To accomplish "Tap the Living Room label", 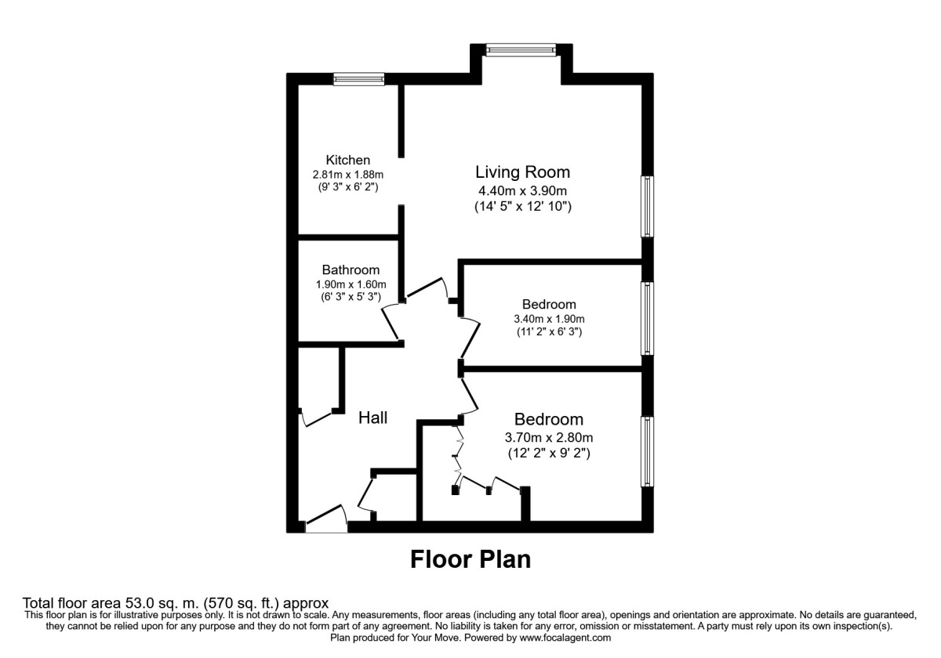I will [523, 172].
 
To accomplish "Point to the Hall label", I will [372, 418].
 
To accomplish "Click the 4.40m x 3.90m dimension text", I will [523, 190].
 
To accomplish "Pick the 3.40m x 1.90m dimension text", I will [549, 319].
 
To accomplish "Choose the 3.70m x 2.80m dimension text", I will [549, 437].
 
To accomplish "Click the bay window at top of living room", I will [521, 49].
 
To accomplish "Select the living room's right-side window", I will [648, 206].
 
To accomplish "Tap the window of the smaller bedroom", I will [648, 319].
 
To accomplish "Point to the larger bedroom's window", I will [648, 450].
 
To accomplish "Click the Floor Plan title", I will [470, 559].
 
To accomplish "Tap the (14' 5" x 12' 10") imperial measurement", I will [523, 207].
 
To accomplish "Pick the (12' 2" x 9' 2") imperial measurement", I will [549, 452].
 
